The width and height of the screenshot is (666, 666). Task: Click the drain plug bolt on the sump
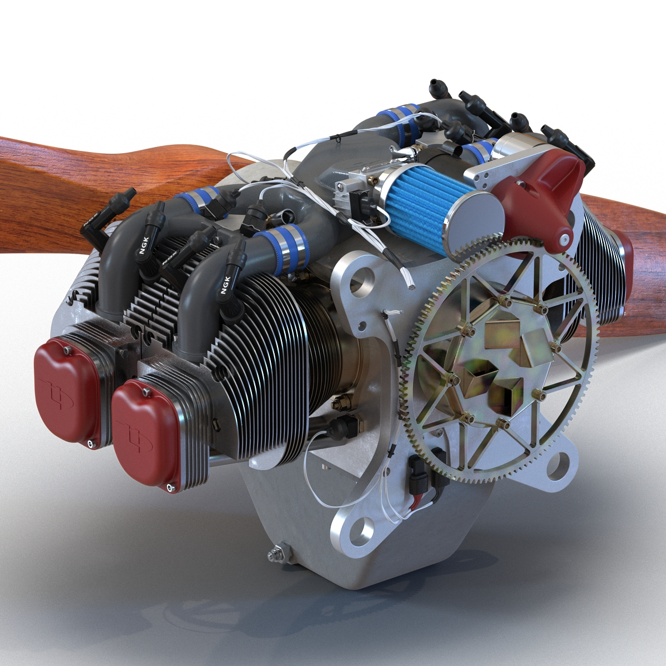(x=274, y=553)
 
